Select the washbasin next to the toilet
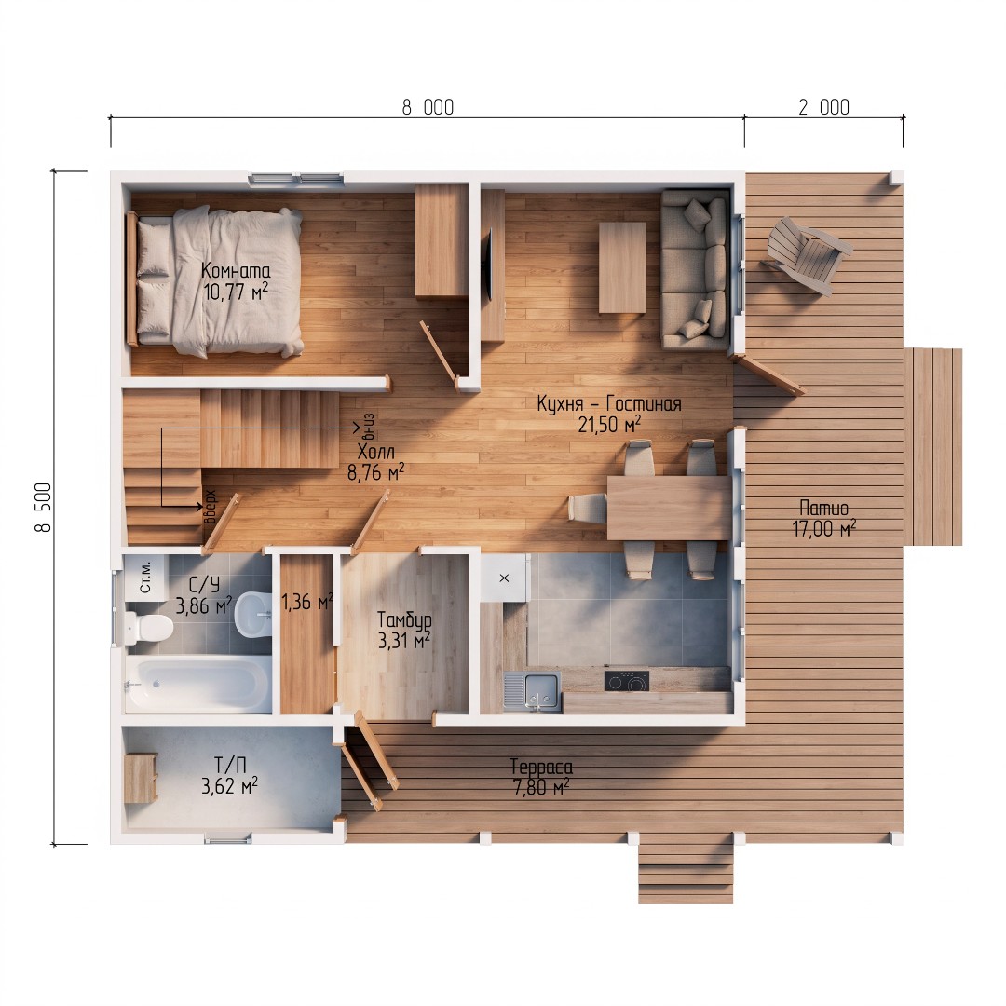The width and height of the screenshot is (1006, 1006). point(254,614)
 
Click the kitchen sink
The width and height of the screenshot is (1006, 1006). point(532,691)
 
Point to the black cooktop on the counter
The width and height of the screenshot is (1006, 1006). point(626,681)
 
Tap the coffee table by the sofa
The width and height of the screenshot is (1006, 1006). point(622,267)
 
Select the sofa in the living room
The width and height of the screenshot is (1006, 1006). point(696,269)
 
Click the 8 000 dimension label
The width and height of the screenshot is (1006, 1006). point(428,107)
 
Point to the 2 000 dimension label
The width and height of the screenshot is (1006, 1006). point(823,107)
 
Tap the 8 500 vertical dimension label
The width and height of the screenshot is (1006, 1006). point(44,507)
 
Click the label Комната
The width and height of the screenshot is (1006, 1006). point(236,271)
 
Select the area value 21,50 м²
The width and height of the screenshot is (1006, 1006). point(609,424)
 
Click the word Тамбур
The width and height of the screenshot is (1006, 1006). point(404,619)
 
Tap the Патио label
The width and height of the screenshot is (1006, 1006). point(823,509)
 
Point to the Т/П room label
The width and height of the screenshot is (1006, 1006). point(230,765)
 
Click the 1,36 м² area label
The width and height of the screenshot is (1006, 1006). point(307,601)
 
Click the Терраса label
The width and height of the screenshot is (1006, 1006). point(541,767)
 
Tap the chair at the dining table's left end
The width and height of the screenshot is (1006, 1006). point(587,509)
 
